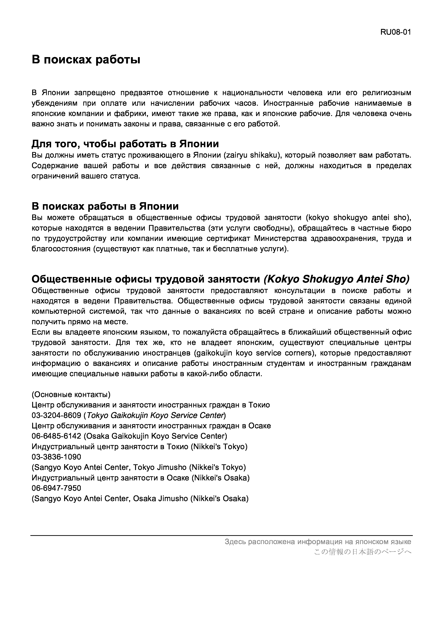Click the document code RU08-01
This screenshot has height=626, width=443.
click(x=395, y=32)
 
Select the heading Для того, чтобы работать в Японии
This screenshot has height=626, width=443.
click(x=125, y=144)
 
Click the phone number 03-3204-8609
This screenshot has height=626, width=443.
click(x=56, y=415)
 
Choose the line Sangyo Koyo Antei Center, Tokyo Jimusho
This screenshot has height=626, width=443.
click(x=139, y=467)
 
